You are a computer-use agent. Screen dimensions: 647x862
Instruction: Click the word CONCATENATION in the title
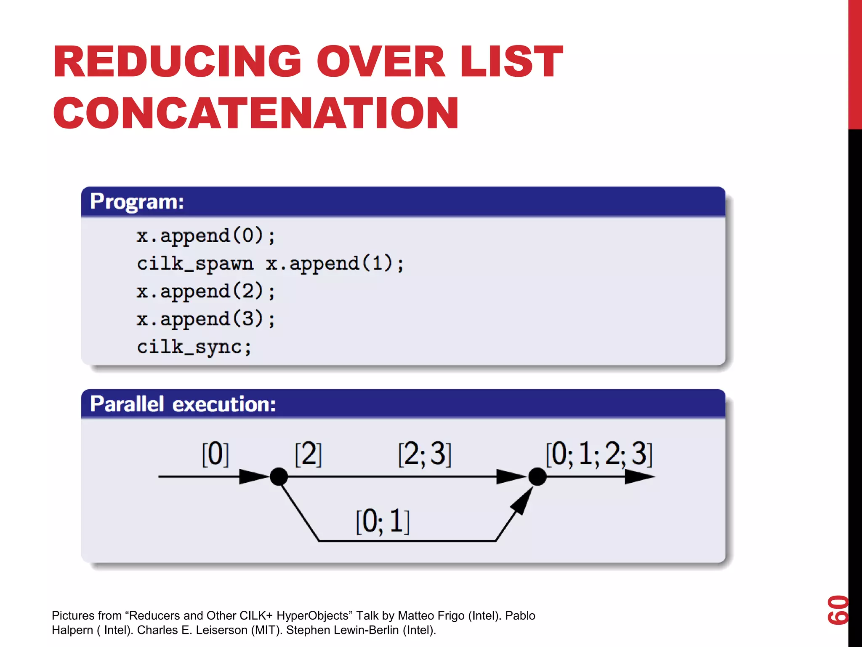pos(255,113)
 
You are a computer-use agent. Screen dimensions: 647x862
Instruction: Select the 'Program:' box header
pos(137,202)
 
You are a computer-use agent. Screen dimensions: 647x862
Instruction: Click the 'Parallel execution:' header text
pos(183,404)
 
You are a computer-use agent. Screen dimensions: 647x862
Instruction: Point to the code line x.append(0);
pos(205,236)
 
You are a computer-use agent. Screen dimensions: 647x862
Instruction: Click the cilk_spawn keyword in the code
pos(195,264)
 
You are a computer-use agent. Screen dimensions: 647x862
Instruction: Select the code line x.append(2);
pos(205,292)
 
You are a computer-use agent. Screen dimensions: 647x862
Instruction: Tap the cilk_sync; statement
pos(194,348)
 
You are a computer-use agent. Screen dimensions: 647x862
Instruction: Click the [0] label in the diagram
pos(215,454)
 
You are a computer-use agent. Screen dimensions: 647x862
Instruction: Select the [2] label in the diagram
pos(308,454)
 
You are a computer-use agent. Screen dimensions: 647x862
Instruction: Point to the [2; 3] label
pos(424,454)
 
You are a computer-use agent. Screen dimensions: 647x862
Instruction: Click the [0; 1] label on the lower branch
pos(382,521)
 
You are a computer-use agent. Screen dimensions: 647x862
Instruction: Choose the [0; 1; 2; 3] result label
pos(599,454)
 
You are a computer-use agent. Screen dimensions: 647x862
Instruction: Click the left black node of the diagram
pos(279,477)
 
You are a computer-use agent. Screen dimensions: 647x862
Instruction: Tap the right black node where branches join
pos(537,477)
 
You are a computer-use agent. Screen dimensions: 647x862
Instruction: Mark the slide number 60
pos(838,610)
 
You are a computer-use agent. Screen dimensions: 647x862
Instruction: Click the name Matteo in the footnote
pos(415,616)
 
